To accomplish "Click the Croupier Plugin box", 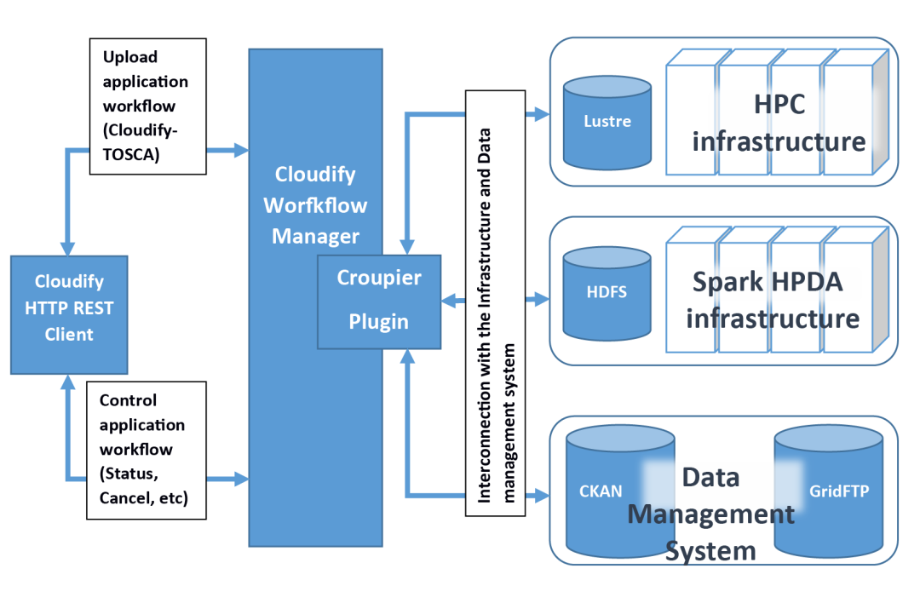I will coord(379,301).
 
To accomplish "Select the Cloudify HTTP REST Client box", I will coord(69,307).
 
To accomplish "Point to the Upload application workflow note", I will coord(147,106).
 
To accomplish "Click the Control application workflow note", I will coord(147,449).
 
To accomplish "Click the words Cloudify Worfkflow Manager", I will coord(315,205).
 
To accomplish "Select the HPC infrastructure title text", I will coord(779,123).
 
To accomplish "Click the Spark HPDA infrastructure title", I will coord(772,300).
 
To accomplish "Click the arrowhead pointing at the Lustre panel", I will coord(539,113).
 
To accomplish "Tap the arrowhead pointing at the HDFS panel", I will coord(539,299).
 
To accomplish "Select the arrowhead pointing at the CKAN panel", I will coord(539,494).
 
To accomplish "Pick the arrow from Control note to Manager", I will coord(227,480).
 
